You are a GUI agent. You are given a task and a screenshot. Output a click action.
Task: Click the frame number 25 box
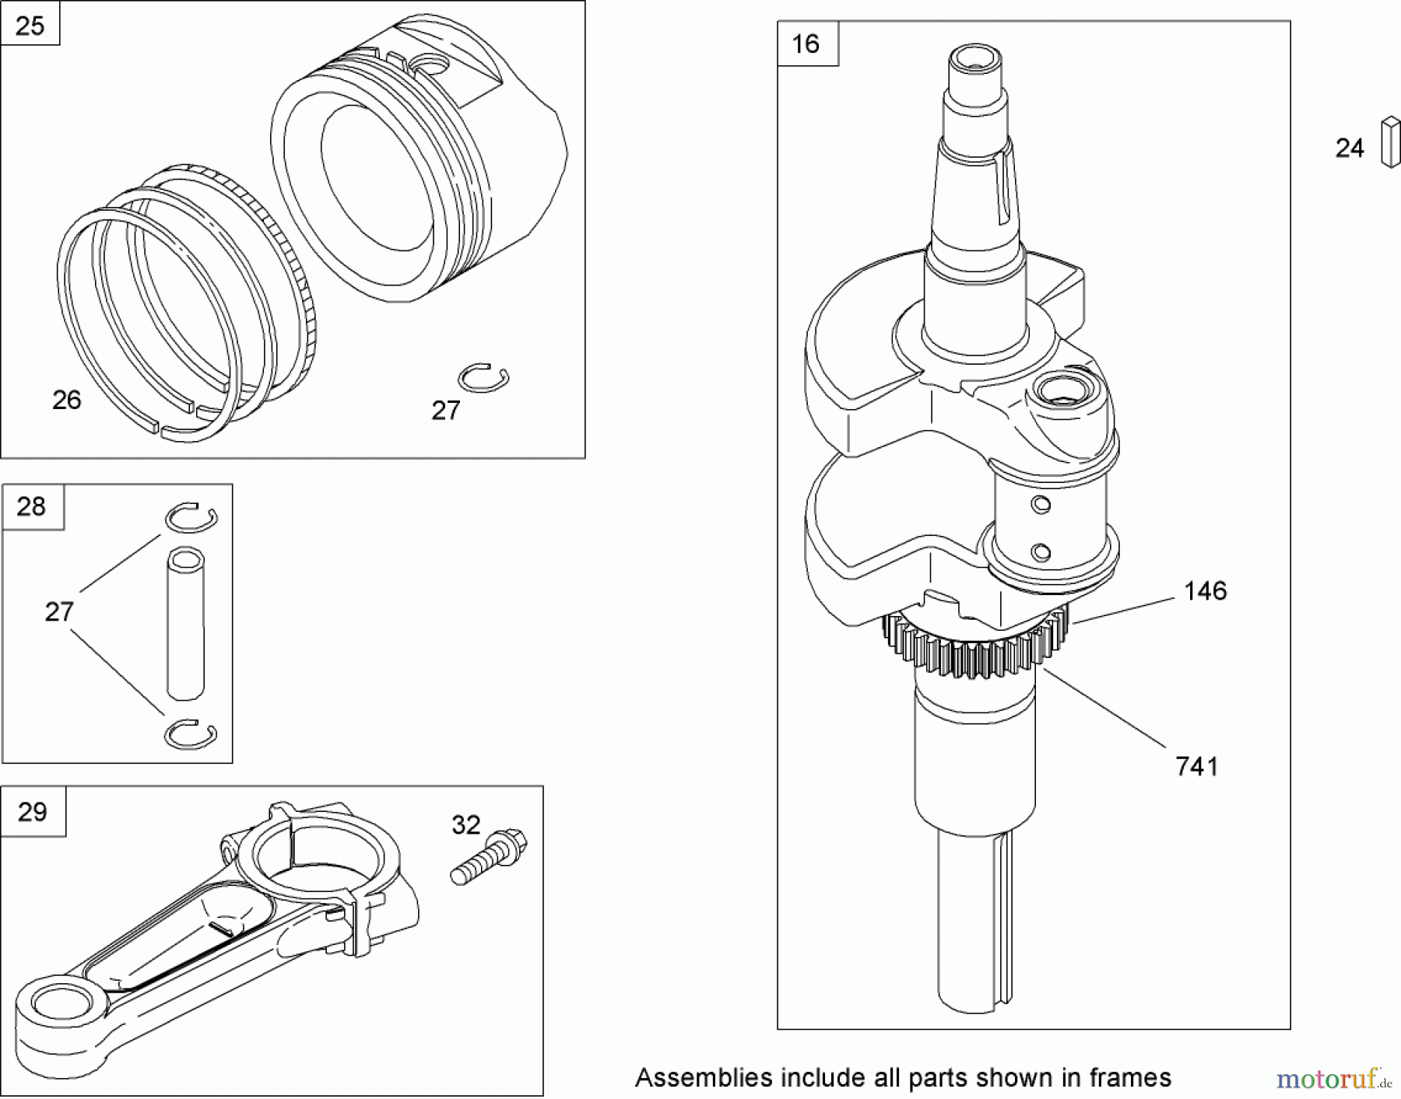point(30,24)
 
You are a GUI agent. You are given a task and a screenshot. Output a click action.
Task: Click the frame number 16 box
point(807,44)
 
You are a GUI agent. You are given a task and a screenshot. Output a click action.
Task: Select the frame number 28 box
point(32,507)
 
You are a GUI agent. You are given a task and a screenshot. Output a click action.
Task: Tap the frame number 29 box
point(33,812)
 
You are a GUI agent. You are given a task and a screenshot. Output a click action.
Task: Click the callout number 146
point(1205,591)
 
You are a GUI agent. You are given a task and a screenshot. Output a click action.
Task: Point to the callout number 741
point(1196,767)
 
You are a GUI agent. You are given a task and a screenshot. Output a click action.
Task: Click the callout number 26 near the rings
point(67,400)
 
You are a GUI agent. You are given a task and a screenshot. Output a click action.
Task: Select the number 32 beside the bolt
point(465,825)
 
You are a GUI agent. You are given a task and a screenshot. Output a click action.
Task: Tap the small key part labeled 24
point(1390,142)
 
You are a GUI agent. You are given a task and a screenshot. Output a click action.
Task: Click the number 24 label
point(1350,148)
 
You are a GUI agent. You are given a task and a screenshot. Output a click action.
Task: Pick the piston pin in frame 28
point(186,622)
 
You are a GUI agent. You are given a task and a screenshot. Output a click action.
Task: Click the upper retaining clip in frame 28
point(191,517)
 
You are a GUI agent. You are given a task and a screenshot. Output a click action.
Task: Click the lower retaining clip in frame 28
point(191,734)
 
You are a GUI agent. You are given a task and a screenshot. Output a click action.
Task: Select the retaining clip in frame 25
point(483,378)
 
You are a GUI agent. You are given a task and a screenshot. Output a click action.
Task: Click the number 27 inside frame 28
point(59,612)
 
